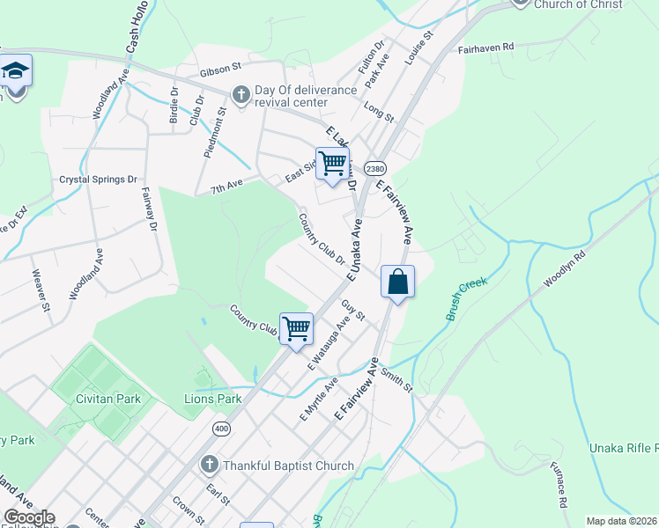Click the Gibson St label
click(x=219, y=67)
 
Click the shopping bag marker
click(x=397, y=282)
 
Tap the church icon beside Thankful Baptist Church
click(x=209, y=465)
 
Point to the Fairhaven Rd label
click(x=485, y=49)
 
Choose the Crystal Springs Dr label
click(x=99, y=179)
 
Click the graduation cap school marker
click(x=14, y=70)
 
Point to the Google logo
click(x=29, y=517)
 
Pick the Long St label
click(x=379, y=110)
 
